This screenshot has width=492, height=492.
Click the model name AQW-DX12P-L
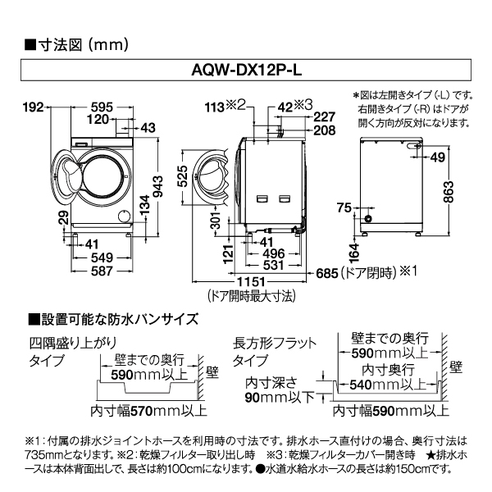[246, 71]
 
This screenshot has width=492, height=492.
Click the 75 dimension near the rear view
[343, 207]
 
